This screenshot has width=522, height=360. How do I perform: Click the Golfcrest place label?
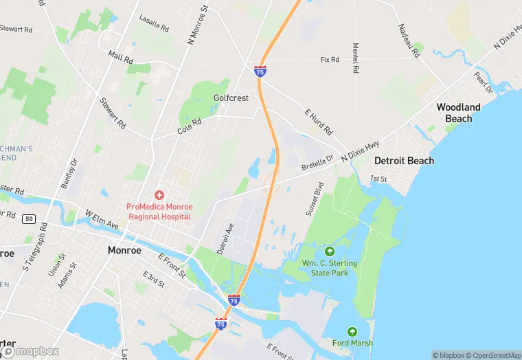tap(231, 98)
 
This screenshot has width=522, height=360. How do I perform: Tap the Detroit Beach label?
tap(404, 161)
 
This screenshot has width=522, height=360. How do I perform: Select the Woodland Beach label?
tap(458, 113)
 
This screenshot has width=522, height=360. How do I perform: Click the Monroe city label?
tap(124, 250)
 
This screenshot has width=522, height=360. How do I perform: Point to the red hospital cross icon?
tap(159, 196)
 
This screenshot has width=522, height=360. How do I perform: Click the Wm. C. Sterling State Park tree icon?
tap(329, 251)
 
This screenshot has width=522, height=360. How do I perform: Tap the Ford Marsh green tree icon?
tap(352, 332)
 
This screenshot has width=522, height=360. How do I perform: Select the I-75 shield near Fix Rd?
tap(260, 71)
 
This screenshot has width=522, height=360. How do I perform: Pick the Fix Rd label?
tap(330, 60)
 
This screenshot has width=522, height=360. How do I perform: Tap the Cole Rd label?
tap(189, 126)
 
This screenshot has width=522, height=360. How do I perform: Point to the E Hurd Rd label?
tap(319, 121)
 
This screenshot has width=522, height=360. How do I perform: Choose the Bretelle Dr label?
tap(317, 163)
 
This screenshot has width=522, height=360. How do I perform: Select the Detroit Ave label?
tap(225, 239)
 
